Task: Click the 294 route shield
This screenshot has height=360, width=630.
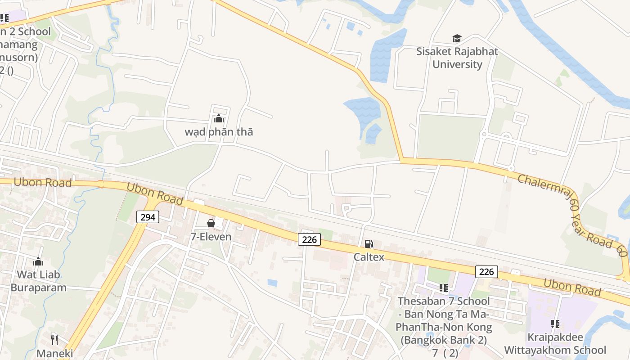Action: click(148, 217)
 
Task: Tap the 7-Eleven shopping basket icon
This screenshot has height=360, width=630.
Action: click(211, 223)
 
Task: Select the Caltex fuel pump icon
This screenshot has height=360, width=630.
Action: click(369, 244)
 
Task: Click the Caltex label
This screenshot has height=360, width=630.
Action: click(369, 257)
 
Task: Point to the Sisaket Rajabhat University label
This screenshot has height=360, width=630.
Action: click(457, 58)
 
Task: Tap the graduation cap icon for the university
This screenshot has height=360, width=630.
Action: click(457, 38)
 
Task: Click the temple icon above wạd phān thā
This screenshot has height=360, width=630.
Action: click(219, 119)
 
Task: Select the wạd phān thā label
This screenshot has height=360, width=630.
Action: click(219, 132)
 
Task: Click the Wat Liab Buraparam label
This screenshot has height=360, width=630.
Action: click(38, 281)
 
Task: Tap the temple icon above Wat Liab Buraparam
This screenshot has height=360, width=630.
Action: click(38, 261)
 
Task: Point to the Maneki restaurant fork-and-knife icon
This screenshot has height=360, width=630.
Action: click(54, 340)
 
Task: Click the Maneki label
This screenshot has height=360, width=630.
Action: click(54, 353)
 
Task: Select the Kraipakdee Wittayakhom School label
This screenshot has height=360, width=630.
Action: click(555, 344)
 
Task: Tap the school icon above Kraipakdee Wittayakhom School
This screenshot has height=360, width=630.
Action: click(555, 324)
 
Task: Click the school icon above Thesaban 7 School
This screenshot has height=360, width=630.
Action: click(443, 288)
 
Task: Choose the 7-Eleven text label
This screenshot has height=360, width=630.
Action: click(211, 236)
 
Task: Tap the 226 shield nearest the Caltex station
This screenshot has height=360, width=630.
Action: click(309, 240)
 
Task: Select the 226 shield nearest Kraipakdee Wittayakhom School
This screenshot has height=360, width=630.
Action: click(486, 271)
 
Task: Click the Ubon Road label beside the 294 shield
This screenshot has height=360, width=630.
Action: click(155, 194)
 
